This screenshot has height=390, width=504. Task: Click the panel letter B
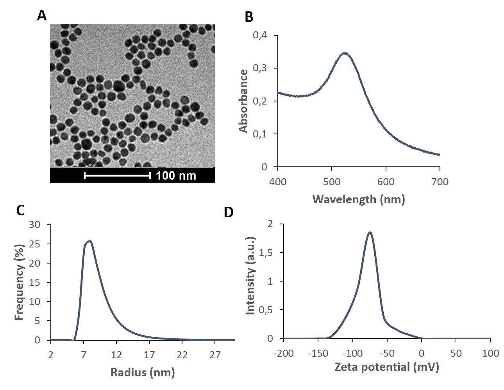click(249, 18)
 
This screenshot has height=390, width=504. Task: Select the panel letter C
click(21, 210)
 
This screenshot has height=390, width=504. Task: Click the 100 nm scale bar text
click(176, 175)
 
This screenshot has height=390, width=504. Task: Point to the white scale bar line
click(117, 176)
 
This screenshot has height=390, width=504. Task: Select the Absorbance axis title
click(243, 101)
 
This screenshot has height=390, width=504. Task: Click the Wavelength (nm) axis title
click(359, 199)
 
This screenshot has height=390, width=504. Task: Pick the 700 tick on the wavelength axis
click(440, 181)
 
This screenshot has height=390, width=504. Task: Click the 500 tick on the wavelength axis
click(332, 181)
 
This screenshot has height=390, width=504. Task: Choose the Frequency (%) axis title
click(19, 282)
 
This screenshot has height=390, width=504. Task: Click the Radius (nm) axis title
click(143, 372)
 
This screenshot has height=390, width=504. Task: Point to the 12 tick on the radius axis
click(116, 355)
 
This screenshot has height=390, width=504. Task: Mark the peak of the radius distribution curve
click(90, 241)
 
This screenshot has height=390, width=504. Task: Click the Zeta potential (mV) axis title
click(387, 367)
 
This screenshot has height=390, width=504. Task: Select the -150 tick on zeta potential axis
click(318, 353)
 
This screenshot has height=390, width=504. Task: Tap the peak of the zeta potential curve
click(370, 232)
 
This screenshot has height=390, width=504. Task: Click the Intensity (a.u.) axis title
click(250, 276)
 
